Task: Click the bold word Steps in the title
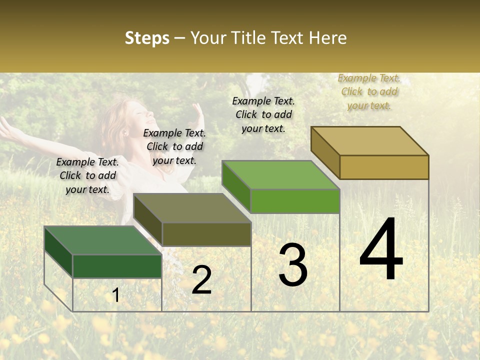click(x=147, y=38)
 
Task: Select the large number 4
click(x=381, y=250)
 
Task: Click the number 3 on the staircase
click(x=293, y=265)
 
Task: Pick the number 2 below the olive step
click(x=201, y=280)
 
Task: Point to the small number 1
click(x=116, y=295)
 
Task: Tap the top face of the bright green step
click(x=280, y=175)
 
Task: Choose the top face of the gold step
click(x=369, y=141)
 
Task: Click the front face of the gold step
click(x=384, y=167)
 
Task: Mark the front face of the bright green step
click(x=295, y=201)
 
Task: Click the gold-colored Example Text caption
click(x=369, y=92)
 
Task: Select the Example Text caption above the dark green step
click(x=87, y=176)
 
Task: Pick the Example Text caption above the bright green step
click(x=263, y=115)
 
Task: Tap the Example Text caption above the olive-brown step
click(x=174, y=147)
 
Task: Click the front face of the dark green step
click(x=117, y=266)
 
